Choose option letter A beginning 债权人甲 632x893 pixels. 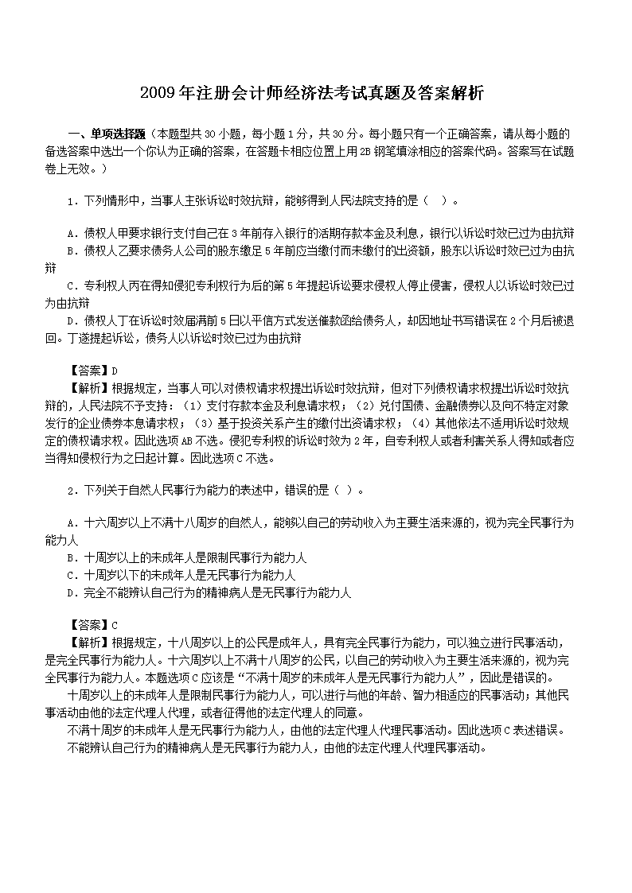tap(72, 233)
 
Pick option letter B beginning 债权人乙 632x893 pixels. tap(72, 250)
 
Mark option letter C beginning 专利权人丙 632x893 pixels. tap(72, 285)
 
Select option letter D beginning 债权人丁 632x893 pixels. tap(72, 320)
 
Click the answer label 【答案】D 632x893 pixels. tap(88, 371)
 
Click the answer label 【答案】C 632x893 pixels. tap(88, 625)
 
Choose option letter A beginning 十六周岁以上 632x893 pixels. tap(72, 523)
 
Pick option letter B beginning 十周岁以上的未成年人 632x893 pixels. tap(72, 558)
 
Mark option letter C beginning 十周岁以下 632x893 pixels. tap(72, 575)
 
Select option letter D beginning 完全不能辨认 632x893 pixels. tap(72, 592)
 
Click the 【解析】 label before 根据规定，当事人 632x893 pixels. tap(88, 389)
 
